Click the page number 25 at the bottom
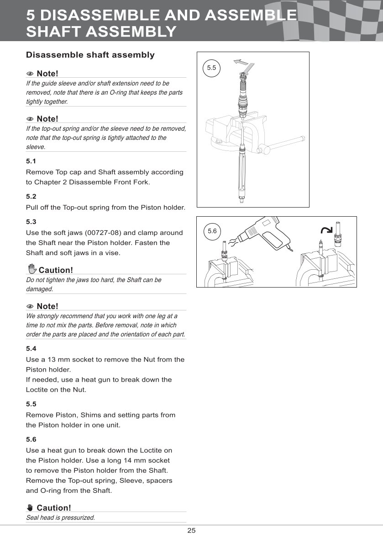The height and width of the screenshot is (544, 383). point(191,531)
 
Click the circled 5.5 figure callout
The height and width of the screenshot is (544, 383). point(211,68)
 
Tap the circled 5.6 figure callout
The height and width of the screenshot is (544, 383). point(212,231)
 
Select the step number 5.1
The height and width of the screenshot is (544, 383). point(31,161)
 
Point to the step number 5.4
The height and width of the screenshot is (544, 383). point(31,348)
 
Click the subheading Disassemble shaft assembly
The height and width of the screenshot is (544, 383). point(90,55)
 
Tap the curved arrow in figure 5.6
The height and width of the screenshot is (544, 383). point(326,229)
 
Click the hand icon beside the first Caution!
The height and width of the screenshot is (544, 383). point(32,270)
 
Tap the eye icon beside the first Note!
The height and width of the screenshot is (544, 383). point(30,74)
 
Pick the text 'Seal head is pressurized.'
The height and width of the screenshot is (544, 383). point(61,517)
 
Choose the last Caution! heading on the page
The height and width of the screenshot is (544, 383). point(54,508)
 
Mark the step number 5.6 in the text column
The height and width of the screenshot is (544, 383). point(31,440)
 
